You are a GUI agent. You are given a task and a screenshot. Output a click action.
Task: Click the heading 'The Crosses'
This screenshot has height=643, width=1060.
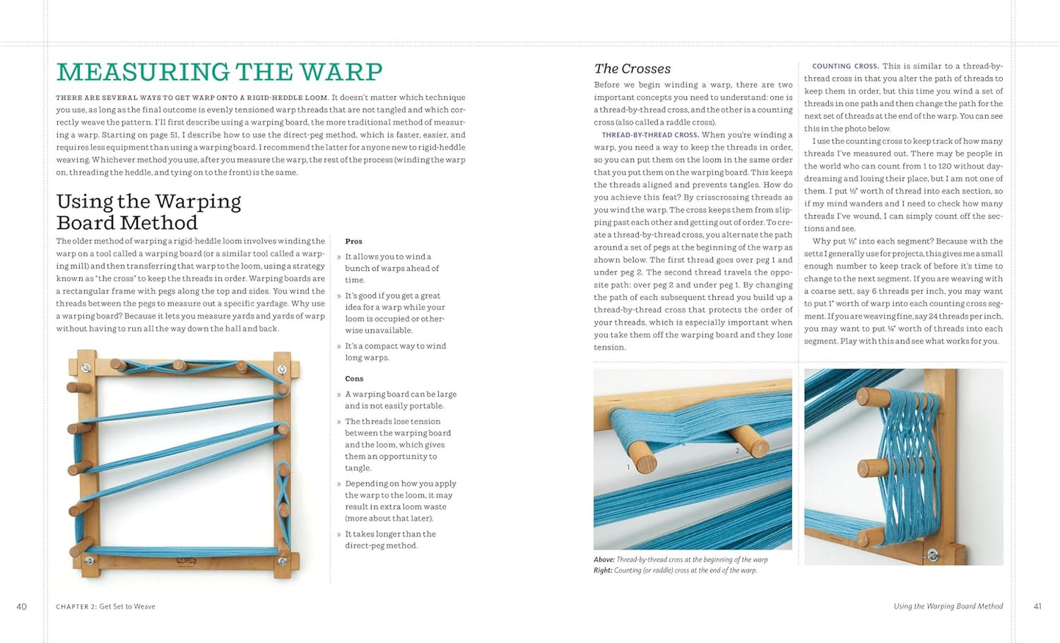(632, 68)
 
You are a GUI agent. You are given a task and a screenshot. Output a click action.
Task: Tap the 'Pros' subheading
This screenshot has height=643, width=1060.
(354, 241)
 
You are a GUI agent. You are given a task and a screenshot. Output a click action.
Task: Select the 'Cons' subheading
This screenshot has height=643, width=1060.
(354, 379)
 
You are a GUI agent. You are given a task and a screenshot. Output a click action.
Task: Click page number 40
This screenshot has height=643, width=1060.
(21, 606)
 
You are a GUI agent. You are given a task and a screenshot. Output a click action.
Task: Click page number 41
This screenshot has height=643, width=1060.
(1037, 606)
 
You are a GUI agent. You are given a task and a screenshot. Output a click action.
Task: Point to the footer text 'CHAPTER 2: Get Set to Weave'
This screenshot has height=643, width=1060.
(106, 606)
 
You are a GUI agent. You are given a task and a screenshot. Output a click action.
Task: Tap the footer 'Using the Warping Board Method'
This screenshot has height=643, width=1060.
(948, 606)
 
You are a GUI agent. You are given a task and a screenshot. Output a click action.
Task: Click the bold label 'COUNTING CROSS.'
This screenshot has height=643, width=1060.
(845, 66)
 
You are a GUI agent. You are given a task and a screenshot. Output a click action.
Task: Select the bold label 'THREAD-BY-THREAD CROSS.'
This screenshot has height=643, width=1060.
(650, 135)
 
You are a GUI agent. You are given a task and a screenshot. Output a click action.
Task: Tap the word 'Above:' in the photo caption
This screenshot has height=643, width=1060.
(604, 559)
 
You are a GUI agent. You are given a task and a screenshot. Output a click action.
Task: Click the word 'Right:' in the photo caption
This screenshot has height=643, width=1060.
(603, 570)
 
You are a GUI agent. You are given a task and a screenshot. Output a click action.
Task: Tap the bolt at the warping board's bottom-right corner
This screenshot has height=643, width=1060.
(282, 562)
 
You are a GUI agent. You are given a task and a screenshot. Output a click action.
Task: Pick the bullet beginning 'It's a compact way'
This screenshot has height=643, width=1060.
(395, 352)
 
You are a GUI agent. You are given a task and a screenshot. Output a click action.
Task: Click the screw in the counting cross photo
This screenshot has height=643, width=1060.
(933, 555)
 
